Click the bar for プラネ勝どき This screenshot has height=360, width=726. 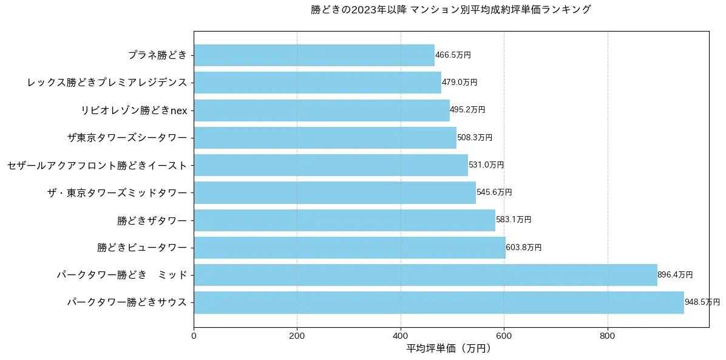[314, 55]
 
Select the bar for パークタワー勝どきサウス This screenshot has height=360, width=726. [438, 302]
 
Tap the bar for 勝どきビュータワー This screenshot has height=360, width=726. [349, 248]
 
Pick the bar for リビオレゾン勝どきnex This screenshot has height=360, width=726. [321, 110]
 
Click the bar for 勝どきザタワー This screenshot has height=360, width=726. [344, 220]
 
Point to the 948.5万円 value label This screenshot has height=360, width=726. [702, 302]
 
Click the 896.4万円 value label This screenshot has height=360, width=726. [675, 275]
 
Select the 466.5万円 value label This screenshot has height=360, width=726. [453, 55]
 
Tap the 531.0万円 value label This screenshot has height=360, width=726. [486, 165]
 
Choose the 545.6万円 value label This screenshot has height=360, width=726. [494, 192]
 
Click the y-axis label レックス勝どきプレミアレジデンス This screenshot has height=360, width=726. [107, 83]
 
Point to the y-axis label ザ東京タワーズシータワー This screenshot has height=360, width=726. [127, 138]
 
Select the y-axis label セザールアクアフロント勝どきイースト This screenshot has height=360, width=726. [97, 165]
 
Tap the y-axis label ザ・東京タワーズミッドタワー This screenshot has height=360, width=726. [117, 192]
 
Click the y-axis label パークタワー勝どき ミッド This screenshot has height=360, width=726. [122, 275]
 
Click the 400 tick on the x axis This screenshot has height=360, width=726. [401, 335]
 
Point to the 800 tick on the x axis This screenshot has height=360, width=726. [608, 335]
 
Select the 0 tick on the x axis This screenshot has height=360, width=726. [194, 335]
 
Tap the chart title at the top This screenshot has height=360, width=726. [451, 10]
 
